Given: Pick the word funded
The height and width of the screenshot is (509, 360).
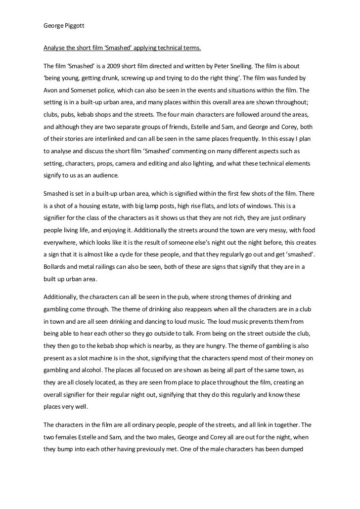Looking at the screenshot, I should tap(289, 79).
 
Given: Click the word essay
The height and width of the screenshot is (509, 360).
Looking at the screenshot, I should tap(285, 143).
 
